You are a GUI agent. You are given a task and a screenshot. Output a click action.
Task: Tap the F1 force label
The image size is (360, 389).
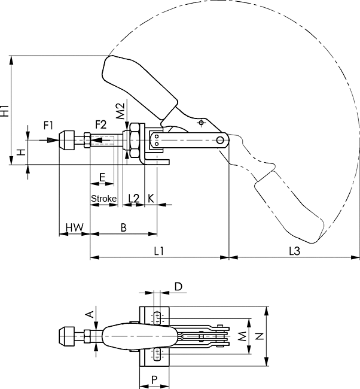click(x=48, y=126)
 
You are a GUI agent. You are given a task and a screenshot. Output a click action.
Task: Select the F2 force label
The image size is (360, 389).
click(x=101, y=124)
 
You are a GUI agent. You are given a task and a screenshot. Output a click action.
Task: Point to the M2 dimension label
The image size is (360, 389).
click(x=120, y=111)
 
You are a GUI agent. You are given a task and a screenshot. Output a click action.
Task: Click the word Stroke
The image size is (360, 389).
click(x=103, y=199)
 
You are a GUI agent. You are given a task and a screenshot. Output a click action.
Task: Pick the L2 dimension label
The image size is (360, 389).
click(x=133, y=198)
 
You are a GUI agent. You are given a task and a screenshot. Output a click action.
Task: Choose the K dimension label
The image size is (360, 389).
click(x=151, y=199)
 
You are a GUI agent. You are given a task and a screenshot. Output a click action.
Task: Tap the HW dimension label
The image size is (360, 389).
click(x=74, y=227)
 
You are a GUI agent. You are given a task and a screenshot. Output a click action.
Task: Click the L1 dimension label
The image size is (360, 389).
click(x=158, y=251)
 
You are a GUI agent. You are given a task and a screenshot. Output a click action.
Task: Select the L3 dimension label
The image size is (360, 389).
click(x=295, y=251)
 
